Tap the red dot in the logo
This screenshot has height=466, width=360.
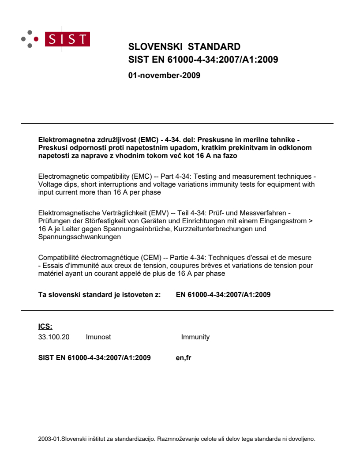coord(37,39)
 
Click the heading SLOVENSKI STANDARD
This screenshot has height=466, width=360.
coord(184,47)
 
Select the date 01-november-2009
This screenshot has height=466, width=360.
coord(164,75)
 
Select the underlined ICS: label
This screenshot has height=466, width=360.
coord(45,327)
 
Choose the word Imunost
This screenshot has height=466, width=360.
coord(98,337)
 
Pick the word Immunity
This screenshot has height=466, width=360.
coord(195,337)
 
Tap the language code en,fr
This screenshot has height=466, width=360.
coord(184,358)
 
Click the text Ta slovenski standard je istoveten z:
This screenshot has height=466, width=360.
coord(100,294)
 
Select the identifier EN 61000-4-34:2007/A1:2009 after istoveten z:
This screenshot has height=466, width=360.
coord(223,294)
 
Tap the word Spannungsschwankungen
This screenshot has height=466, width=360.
coord(79,237)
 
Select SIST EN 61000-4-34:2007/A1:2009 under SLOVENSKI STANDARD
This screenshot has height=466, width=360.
coord(203,60)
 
